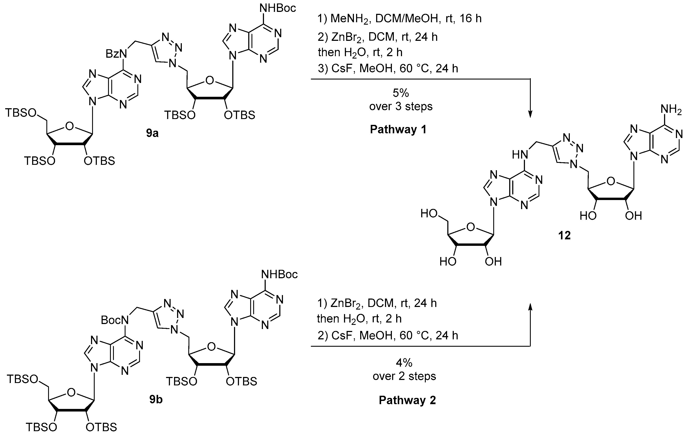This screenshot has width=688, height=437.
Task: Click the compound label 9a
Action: pos(152,133)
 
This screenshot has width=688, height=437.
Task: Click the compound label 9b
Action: pos(156,399)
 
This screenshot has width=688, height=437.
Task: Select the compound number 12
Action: pos(564,235)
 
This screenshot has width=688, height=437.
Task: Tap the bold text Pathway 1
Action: pos(398,130)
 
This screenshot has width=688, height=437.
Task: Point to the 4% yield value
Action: pos(404,363)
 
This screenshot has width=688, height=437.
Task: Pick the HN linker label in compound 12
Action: pos(519,155)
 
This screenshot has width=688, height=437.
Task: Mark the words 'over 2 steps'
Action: pos(404,376)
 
